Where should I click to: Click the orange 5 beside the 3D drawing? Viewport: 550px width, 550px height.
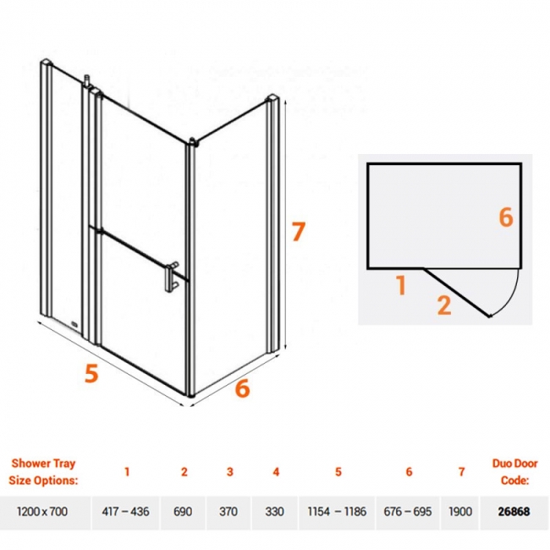click(x=91, y=373)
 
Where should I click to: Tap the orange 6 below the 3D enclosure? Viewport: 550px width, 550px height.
click(x=242, y=388)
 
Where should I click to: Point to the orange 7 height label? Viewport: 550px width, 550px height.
click(x=298, y=231)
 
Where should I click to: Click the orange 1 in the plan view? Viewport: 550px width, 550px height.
click(x=402, y=285)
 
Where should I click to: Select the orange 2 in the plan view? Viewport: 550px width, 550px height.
click(x=444, y=305)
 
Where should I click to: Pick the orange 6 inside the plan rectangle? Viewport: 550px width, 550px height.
click(x=506, y=217)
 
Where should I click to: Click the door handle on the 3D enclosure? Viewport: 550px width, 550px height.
click(x=172, y=277)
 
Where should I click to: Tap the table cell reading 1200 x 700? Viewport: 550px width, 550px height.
click(x=42, y=511)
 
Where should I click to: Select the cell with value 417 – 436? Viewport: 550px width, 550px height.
click(x=125, y=511)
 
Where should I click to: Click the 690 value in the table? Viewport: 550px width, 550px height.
click(x=183, y=511)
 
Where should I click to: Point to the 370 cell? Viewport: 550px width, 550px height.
click(x=228, y=511)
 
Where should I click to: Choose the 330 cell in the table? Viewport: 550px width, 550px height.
click(x=274, y=511)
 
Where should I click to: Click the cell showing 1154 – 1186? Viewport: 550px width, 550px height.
click(x=337, y=511)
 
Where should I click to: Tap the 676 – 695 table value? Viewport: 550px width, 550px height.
click(x=408, y=511)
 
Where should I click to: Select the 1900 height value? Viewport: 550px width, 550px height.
click(x=460, y=511)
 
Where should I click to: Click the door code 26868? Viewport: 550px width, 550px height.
click(x=514, y=511)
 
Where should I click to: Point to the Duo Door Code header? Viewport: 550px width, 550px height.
click(x=514, y=472)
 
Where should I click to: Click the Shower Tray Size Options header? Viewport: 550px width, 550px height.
click(x=43, y=472)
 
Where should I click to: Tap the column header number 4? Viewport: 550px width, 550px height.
click(x=276, y=472)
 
